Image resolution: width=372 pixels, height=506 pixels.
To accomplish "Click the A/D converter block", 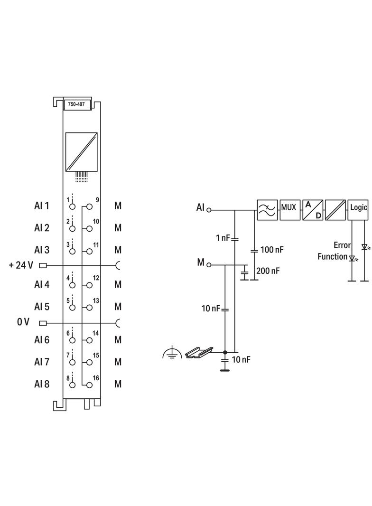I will (x=312, y=209).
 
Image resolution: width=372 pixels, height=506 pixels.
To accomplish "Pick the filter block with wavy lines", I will (x=267, y=209).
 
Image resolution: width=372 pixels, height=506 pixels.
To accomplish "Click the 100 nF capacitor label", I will (x=272, y=249).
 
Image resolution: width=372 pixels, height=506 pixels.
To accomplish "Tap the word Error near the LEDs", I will (x=342, y=245).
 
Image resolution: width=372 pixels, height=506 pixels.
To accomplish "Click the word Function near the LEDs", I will (x=333, y=257).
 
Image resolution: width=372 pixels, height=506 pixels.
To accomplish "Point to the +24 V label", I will (x=21, y=265).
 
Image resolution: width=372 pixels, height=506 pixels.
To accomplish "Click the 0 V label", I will (x=23, y=322).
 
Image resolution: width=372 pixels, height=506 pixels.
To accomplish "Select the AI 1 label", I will (x=42, y=206).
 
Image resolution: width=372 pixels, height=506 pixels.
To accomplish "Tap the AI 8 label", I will (x=42, y=384).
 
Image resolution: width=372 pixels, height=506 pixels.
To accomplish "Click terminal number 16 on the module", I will (x=96, y=378).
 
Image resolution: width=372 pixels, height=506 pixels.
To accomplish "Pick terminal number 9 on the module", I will (x=97, y=200).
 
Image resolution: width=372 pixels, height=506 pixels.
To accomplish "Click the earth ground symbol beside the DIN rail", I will (x=171, y=353).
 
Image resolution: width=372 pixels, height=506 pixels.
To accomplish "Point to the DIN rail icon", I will (x=198, y=352).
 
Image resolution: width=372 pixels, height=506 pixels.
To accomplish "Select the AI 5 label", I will (x=42, y=307).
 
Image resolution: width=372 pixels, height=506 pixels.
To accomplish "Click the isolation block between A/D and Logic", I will (x=335, y=209).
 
